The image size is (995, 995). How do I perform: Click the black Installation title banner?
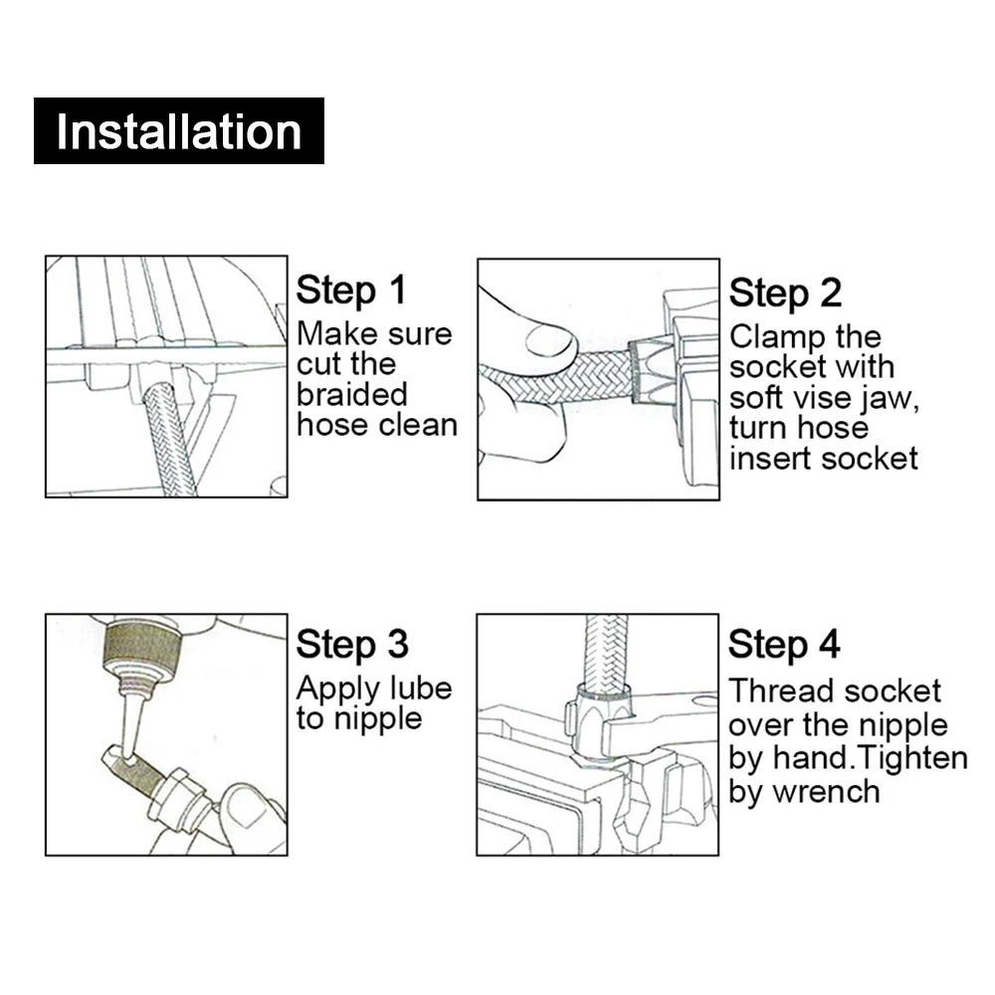point(179,130)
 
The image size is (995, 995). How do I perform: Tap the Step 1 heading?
point(351,291)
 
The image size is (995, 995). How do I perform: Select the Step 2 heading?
point(785,294)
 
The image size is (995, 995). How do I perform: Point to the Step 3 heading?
point(352,645)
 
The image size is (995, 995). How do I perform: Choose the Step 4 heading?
point(784,645)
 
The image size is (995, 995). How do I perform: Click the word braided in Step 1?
point(351,394)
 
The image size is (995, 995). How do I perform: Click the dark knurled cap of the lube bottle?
point(143,645)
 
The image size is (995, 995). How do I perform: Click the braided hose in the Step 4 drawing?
point(606,653)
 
